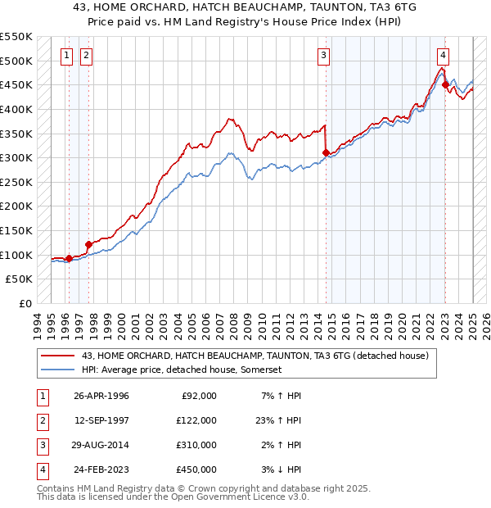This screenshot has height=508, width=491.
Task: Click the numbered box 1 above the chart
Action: [x=67, y=56]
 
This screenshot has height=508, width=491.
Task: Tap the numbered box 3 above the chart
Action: [x=324, y=56]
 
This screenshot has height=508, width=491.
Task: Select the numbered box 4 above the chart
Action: [x=442, y=56]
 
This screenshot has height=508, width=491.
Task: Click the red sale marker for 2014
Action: [x=326, y=152]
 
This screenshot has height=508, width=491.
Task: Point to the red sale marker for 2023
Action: [x=444, y=84]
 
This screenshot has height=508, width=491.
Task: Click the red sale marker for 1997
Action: [x=88, y=243]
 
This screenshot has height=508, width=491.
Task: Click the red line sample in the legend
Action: [x=57, y=356]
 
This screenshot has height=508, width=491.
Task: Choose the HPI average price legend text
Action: [x=181, y=370]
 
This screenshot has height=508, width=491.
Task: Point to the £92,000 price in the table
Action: [x=197, y=395]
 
